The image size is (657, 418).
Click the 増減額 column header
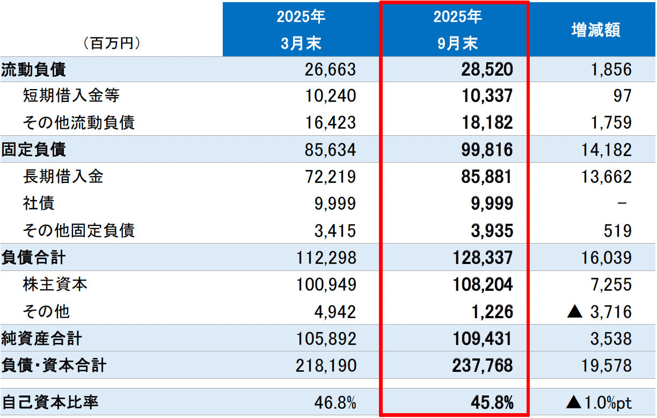596,30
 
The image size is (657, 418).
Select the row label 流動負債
34,69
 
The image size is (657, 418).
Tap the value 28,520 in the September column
487,69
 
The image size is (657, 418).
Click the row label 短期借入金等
71,96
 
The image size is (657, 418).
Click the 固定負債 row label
34,150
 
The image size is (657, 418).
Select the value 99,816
487,150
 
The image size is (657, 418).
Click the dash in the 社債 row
623,203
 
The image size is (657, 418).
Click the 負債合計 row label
34,258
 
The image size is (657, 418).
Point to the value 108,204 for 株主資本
483,284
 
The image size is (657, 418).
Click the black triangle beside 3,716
575,312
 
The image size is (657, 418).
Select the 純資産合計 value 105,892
326,339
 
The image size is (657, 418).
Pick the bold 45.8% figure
491,402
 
